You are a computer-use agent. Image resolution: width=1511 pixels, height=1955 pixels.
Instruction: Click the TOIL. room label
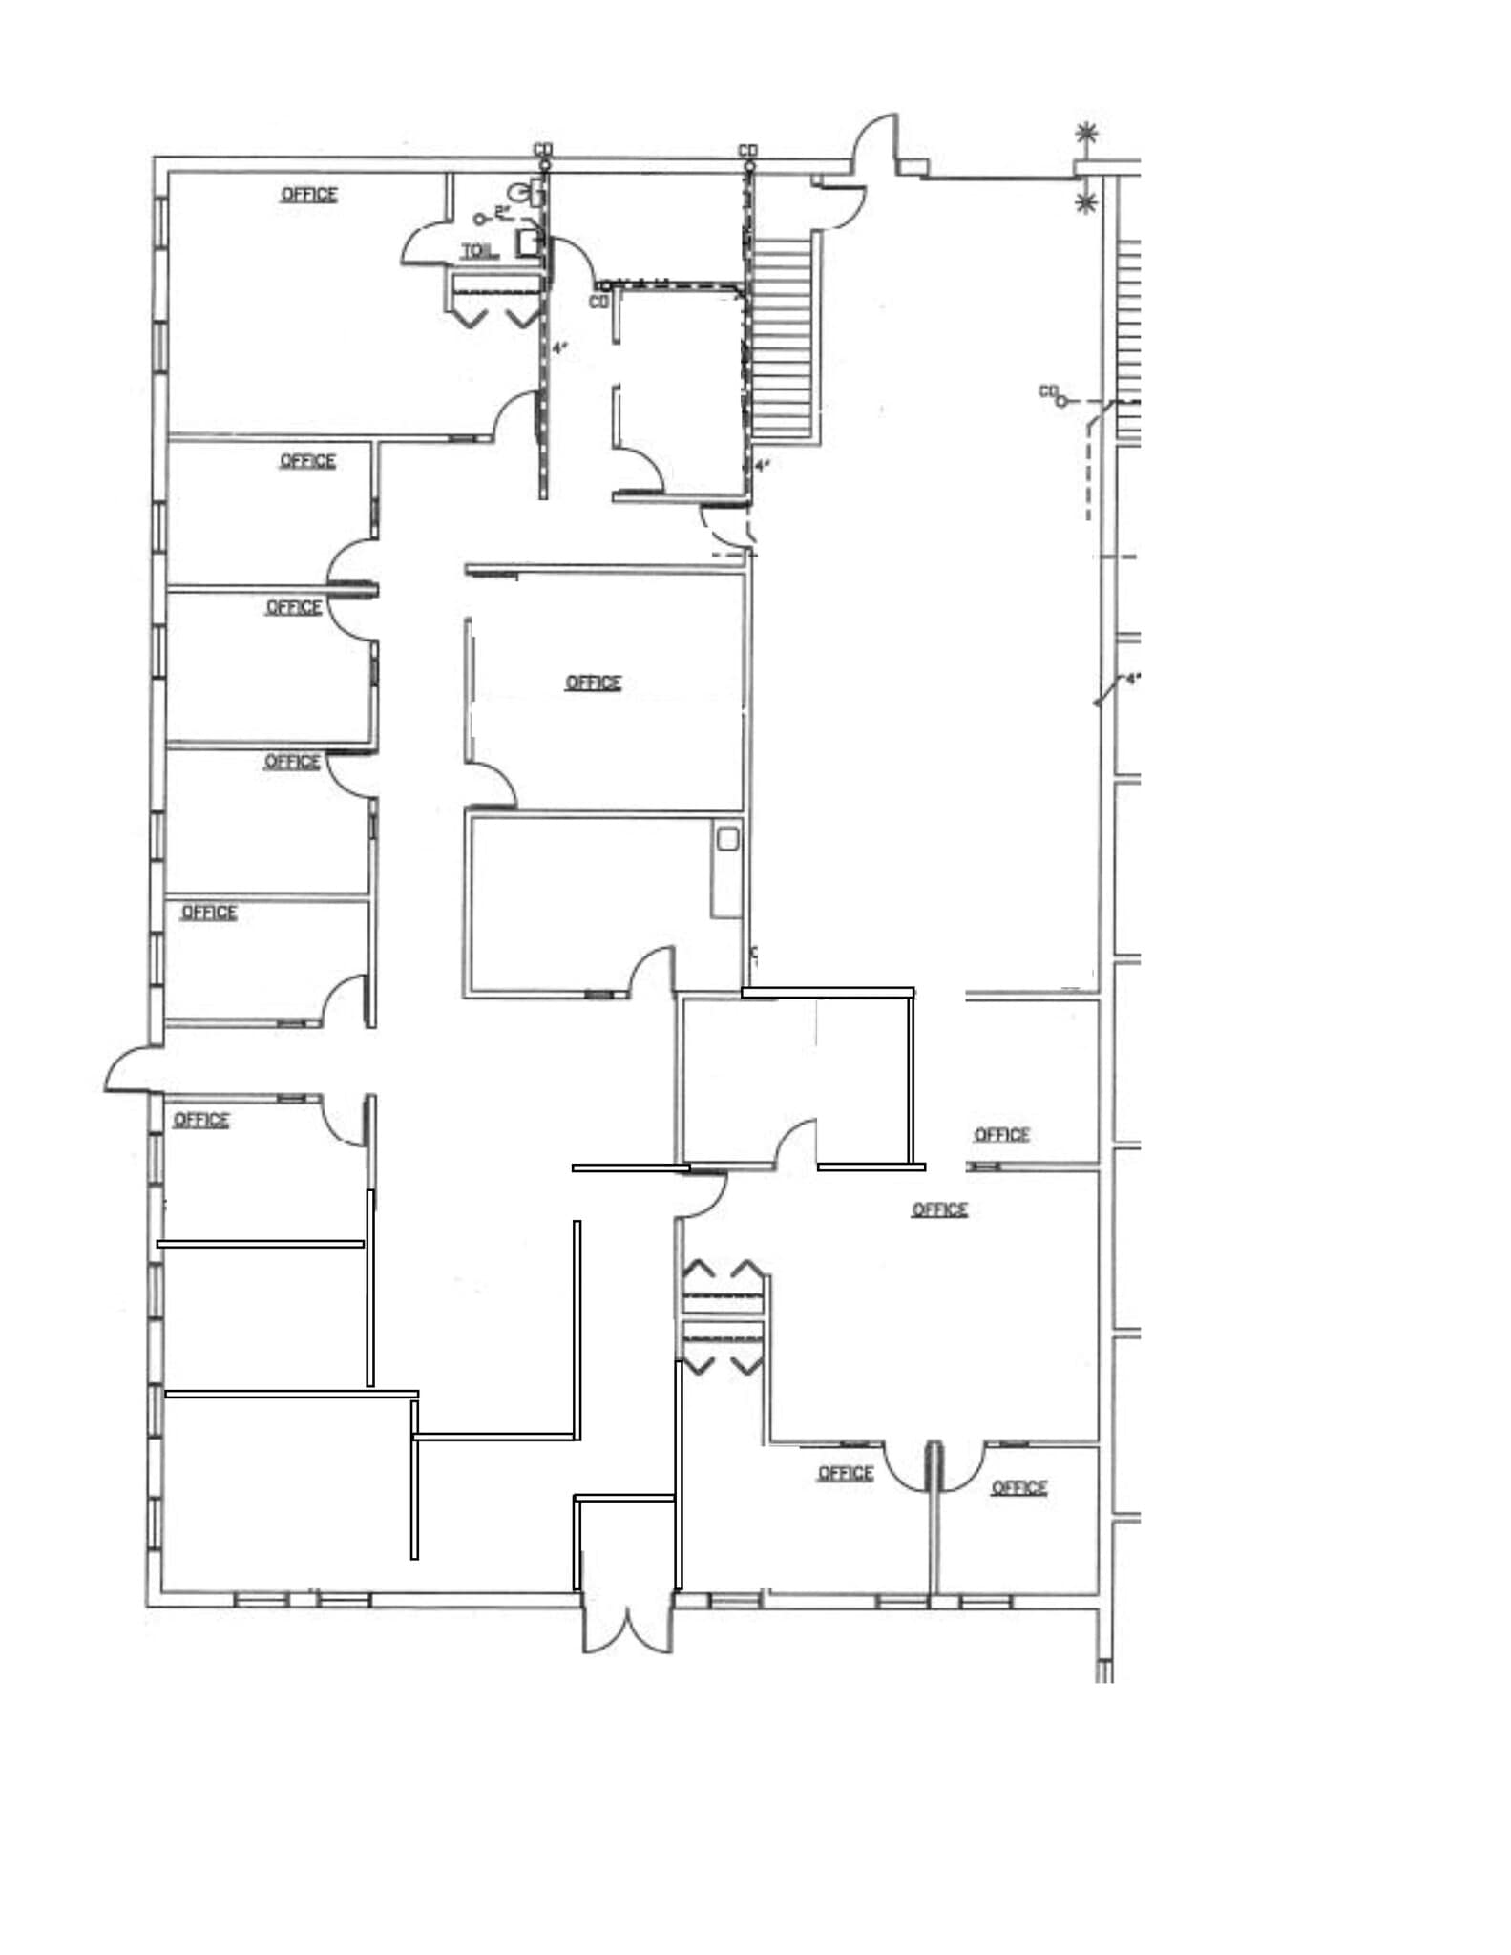pos(478,251)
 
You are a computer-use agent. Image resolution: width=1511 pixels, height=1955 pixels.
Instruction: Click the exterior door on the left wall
pos(128,1069)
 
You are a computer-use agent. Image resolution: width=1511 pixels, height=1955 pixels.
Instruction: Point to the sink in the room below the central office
pos(728,840)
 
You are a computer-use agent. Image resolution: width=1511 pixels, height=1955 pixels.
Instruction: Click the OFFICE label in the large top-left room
pos(308,195)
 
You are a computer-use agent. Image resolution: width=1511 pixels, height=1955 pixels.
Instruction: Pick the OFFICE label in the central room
pos(593,683)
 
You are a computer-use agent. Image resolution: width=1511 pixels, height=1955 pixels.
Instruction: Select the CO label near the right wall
pos(1048,390)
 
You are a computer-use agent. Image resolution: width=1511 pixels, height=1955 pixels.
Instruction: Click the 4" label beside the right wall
pos(1132,679)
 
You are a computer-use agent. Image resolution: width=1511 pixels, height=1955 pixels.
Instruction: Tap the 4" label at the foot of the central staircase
pos(762,466)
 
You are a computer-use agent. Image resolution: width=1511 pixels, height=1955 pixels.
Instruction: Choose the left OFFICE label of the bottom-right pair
pos(846,1473)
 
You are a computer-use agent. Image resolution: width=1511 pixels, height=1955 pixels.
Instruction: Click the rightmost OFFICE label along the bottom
pos(1018,1487)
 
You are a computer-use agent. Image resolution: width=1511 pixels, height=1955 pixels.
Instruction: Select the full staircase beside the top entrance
pos(784,337)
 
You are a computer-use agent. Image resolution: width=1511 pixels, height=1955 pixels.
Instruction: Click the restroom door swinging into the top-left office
pos(425,245)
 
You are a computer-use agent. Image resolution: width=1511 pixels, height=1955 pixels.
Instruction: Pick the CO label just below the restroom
pos(598,302)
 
